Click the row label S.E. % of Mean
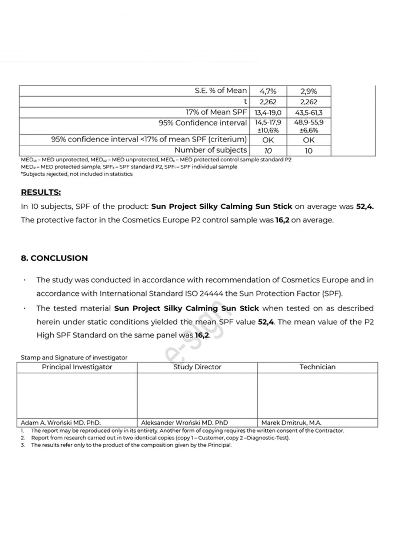[220, 91]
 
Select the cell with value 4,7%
[268, 91]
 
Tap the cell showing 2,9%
[309, 91]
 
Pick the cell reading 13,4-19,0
[268, 113]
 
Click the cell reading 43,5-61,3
[309, 113]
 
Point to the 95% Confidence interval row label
[203, 123]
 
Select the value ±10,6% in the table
[268, 131]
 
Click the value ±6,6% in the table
[309, 131]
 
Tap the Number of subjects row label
[210, 150]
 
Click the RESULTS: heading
[41, 192]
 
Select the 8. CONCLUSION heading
[54, 258]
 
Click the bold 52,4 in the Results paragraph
[364, 207]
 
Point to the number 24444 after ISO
[211, 294]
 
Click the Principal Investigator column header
[77, 367]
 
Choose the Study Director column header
[197, 367]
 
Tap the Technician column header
[317, 367]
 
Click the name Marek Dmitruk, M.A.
[291, 423]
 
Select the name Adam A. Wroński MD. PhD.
[61, 423]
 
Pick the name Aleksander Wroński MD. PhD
[184, 423]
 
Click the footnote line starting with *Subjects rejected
[77, 174]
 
